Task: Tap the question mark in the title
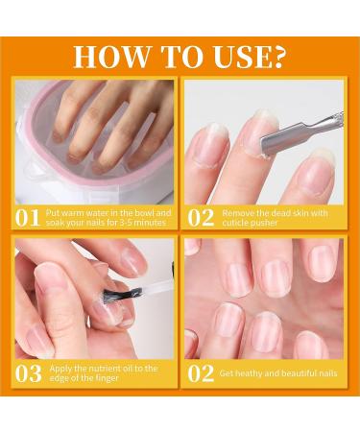[276, 57]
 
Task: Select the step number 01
[28, 218]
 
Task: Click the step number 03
[29, 373]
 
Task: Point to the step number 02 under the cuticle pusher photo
[201, 218]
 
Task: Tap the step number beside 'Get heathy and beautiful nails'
[201, 373]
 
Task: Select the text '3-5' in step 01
[122, 223]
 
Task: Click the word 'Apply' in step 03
[60, 369]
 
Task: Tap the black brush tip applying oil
[123, 294]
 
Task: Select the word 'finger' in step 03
[107, 378]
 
